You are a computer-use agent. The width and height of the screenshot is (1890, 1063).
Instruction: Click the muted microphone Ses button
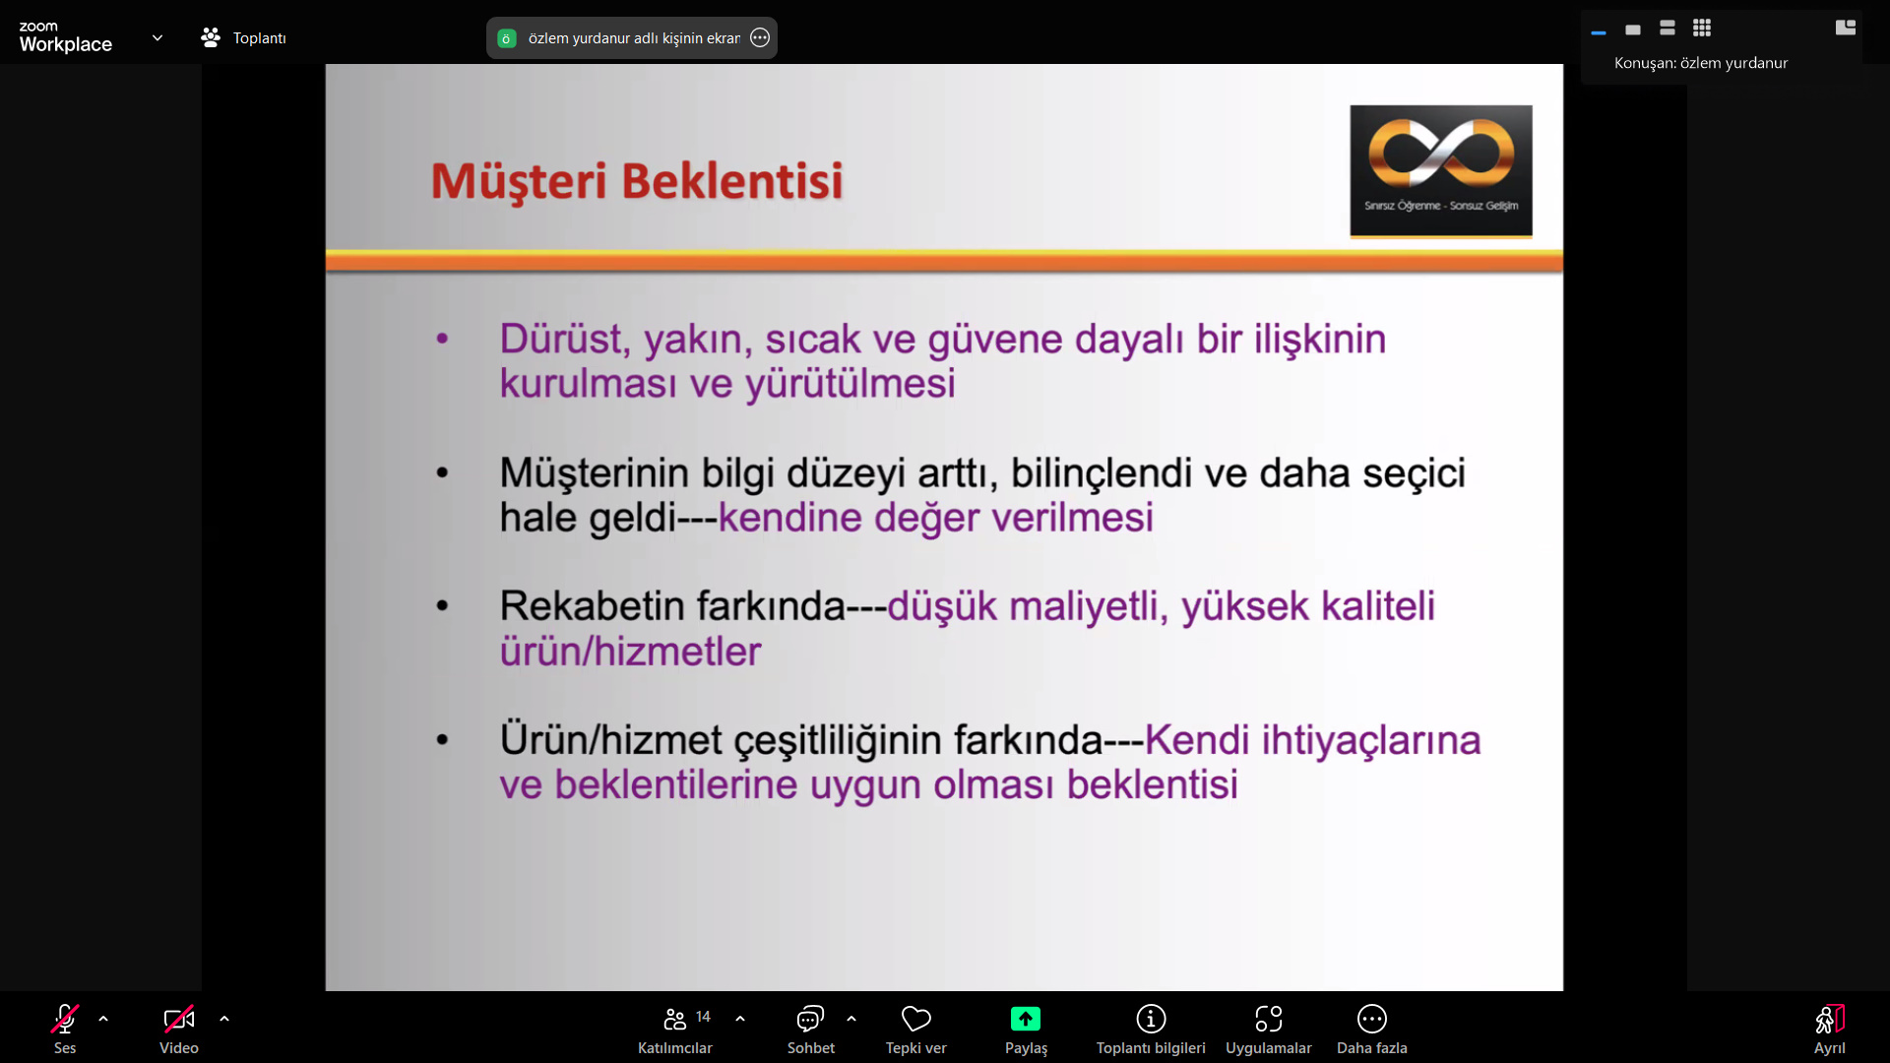click(65, 1019)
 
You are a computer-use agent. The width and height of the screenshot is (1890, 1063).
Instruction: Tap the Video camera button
click(179, 1019)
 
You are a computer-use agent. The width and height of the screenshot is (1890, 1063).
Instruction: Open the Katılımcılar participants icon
click(674, 1019)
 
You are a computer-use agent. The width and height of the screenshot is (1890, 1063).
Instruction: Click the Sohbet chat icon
click(810, 1019)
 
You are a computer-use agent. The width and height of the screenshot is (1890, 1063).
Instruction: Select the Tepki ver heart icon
click(916, 1019)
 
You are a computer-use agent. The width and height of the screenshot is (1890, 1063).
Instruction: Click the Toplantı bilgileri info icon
click(1151, 1019)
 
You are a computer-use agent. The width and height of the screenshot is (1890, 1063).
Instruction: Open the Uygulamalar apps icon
click(1269, 1019)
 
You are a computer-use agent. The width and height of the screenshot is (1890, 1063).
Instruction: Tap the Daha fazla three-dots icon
click(1372, 1019)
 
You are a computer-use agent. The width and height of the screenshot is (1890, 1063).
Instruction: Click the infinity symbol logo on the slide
click(1441, 153)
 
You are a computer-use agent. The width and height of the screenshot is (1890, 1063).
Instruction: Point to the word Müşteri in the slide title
click(519, 182)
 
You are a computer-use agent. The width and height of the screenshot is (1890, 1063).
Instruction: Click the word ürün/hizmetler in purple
click(631, 652)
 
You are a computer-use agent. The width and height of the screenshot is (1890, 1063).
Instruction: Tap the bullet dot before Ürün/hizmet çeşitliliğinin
click(442, 739)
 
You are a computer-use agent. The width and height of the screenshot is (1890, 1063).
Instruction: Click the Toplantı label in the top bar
click(260, 38)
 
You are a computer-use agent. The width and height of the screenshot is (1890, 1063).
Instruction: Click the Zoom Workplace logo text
click(65, 37)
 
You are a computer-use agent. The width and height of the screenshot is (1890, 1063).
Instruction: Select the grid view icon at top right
click(1702, 28)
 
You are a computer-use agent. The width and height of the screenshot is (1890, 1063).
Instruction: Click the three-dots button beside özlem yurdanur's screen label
click(760, 38)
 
